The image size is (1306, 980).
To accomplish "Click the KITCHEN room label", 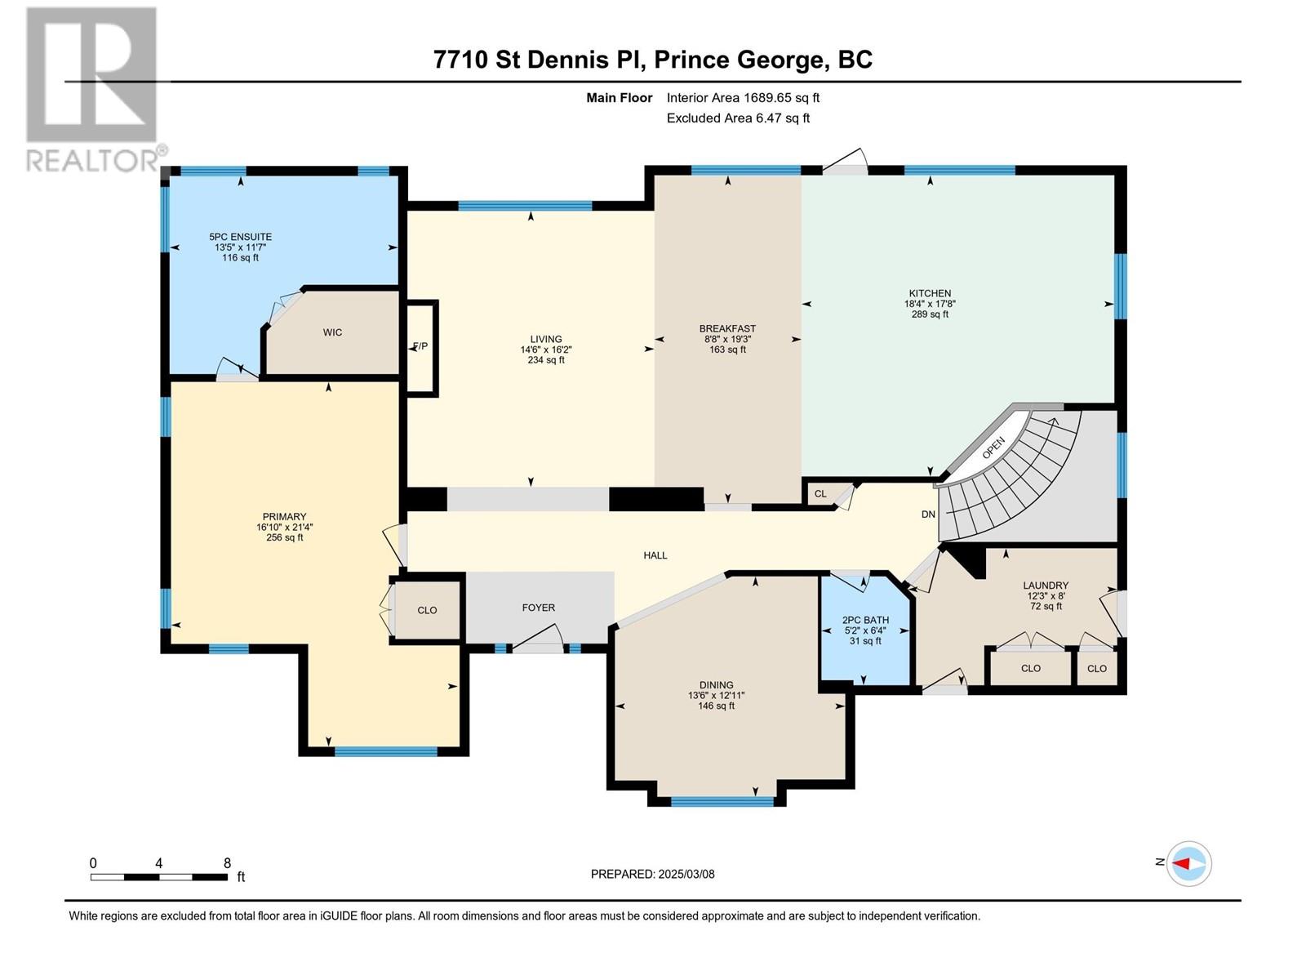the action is click(x=930, y=293).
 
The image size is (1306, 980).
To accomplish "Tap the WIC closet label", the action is click(x=332, y=332).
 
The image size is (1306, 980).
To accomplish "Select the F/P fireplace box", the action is click(x=422, y=348).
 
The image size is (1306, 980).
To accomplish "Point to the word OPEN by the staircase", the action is click(x=993, y=448).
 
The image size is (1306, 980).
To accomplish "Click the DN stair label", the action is click(x=928, y=514).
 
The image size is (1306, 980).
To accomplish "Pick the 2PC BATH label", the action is click(x=865, y=620).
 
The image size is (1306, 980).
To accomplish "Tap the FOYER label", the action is click(x=539, y=608).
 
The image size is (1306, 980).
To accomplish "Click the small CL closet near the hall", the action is click(x=820, y=493).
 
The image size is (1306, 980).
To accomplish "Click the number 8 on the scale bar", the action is click(x=227, y=863).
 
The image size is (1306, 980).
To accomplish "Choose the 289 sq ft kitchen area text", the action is click(x=930, y=314).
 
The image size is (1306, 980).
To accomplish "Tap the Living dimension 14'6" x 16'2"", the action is click(x=545, y=350).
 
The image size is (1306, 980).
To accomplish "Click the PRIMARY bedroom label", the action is click(x=284, y=516).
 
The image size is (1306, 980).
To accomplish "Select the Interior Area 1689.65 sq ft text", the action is click(x=743, y=97).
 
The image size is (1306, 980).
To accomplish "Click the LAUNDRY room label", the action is click(x=1046, y=586).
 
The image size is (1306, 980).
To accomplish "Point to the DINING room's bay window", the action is click(x=722, y=801).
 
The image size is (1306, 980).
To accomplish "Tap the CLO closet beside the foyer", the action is click(x=427, y=610).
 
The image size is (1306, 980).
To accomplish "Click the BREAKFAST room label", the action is click(x=727, y=328).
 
